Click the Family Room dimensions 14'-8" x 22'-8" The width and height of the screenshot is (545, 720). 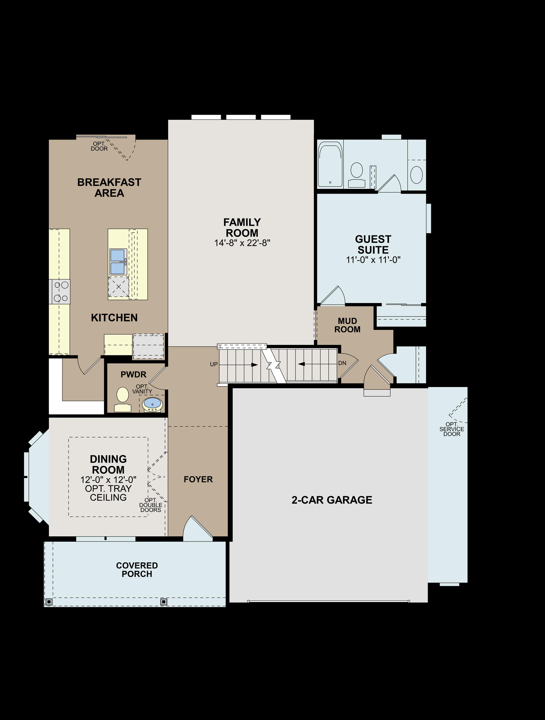tap(242, 243)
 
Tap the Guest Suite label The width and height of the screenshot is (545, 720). tap(373, 244)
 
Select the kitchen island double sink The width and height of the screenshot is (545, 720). tap(118, 262)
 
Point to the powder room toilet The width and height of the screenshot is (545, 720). tap(123, 398)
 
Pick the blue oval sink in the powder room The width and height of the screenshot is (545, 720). tap(152, 404)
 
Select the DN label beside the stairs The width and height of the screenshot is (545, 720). tap(342, 363)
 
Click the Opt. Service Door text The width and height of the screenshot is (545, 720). tap(452, 429)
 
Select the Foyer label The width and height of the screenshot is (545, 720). tap(198, 479)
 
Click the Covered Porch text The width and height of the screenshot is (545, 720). tap(137, 570)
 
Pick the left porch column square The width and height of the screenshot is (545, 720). tap(49, 602)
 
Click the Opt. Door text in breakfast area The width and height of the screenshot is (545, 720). tap(99, 146)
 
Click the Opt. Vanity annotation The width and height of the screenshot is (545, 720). tap(142, 389)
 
